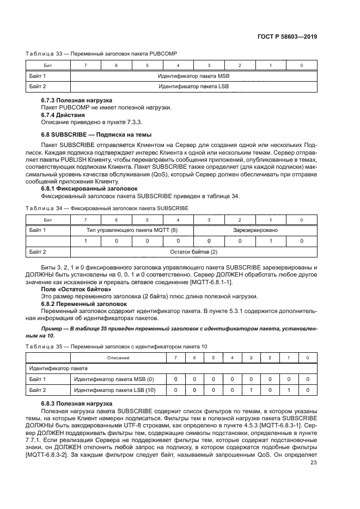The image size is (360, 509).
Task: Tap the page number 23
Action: click(x=313, y=463)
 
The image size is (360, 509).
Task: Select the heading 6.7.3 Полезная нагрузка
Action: click(x=77, y=101)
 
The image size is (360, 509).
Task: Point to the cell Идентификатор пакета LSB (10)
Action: click(x=114, y=390)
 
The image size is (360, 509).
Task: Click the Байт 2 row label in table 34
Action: click(x=38, y=252)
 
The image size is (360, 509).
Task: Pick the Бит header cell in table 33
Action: click(x=48, y=66)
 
